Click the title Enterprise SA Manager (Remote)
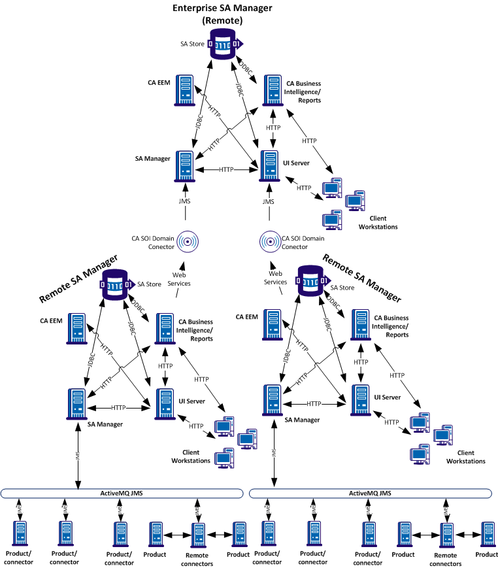point(222,14)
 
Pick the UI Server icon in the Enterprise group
point(268,165)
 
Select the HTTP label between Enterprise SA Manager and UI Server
point(226,170)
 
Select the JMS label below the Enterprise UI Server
point(268,202)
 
